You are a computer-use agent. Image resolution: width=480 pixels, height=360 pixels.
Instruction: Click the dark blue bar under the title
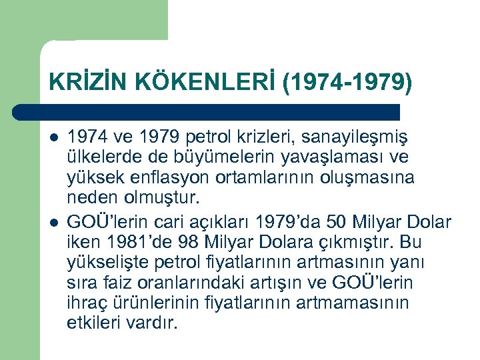[x=207, y=112]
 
